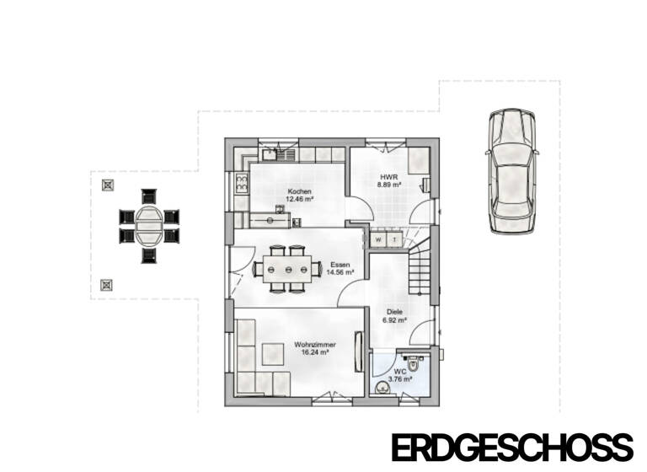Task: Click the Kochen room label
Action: pyautogui.click(x=300, y=191)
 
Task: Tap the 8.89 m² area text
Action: pyautogui.click(x=388, y=184)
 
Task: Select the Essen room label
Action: pyautogui.click(x=340, y=265)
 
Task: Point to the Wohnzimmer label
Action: pyautogui.click(x=316, y=345)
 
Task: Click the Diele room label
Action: pyautogui.click(x=394, y=312)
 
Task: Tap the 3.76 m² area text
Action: pyautogui.click(x=401, y=379)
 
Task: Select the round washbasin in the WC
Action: pyautogui.click(x=382, y=388)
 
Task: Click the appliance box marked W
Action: pyautogui.click(x=378, y=240)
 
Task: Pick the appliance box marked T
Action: pyautogui.click(x=393, y=240)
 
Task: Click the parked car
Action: pyautogui.click(x=512, y=171)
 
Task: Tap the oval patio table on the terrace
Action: pyautogui.click(x=149, y=224)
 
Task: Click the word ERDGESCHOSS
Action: pyautogui.click(x=511, y=447)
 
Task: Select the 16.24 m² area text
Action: pyautogui.click(x=316, y=353)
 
